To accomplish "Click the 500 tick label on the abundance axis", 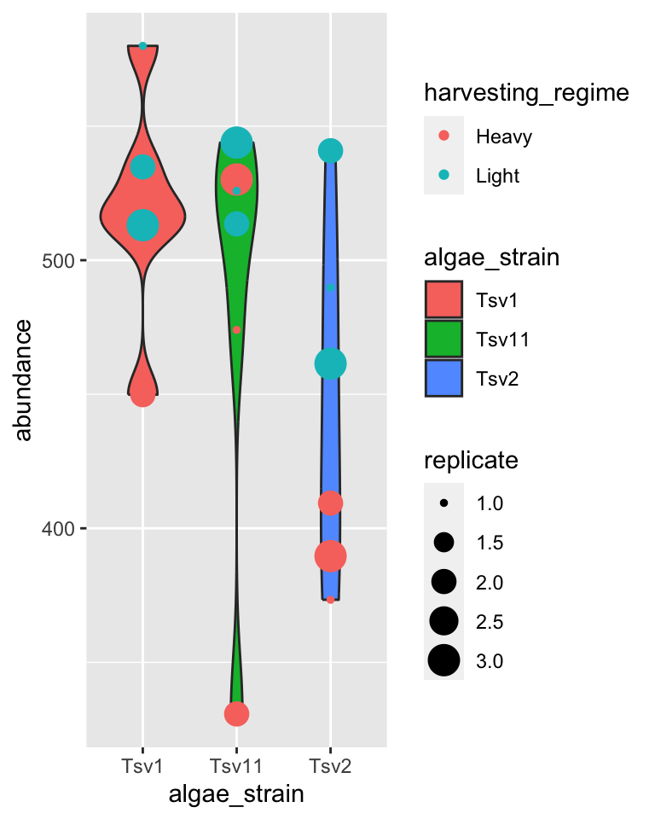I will (x=59, y=260).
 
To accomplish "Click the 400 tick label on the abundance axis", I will (x=59, y=529).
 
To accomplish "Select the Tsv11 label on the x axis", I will (x=236, y=764).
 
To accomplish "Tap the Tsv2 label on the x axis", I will (x=330, y=764).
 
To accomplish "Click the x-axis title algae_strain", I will (x=236, y=795).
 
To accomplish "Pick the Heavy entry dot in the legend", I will (x=443, y=136).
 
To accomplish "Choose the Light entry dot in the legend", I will (x=443, y=176).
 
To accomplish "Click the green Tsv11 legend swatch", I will (x=443, y=339).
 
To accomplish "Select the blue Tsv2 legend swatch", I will (x=443, y=378).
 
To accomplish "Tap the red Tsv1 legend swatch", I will (x=443, y=299).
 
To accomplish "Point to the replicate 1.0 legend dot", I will (x=443, y=503).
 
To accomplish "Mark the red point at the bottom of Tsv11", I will (x=236, y=714).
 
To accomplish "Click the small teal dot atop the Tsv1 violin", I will (x=142, y=46).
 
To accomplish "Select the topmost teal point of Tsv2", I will (x=330, y=151).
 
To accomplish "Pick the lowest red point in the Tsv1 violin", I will (x=142, y=394).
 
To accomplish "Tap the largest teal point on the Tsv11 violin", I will (x=236, y=142).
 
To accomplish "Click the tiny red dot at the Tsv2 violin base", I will (x=330, y=600).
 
